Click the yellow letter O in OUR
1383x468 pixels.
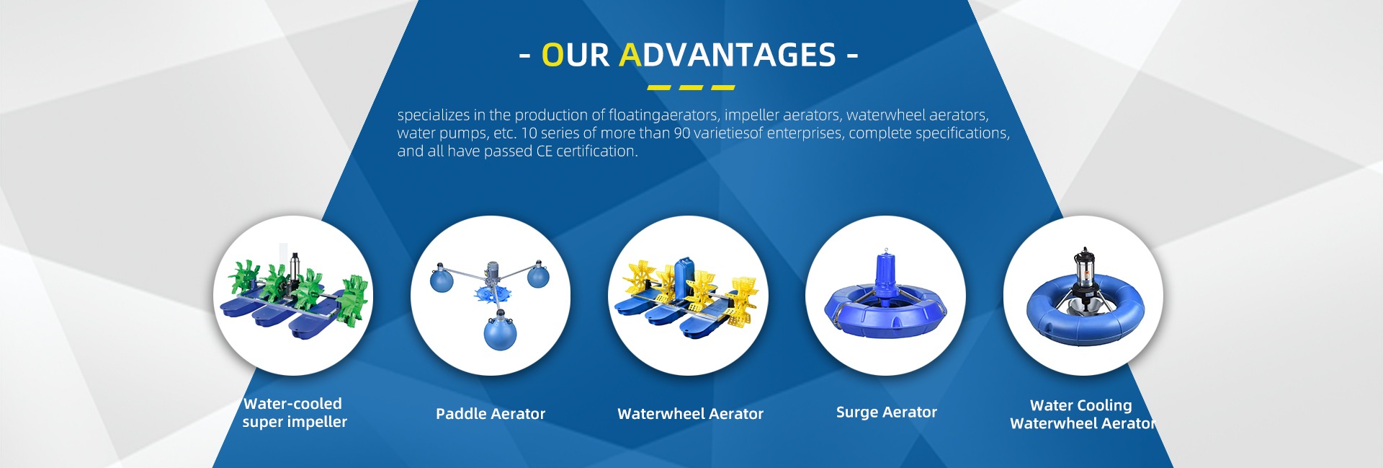point(552,55)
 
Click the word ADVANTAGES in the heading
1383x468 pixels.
point(728,55)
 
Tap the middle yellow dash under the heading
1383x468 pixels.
point(691,88)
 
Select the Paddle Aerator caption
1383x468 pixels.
point(491,414)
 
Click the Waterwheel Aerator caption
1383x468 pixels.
point(690,414)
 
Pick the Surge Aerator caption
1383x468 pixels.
point(887,412)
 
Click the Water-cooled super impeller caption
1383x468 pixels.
point(294,413)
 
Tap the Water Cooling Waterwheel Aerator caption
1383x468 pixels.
point(1082,415)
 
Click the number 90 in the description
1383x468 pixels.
point(681,133)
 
